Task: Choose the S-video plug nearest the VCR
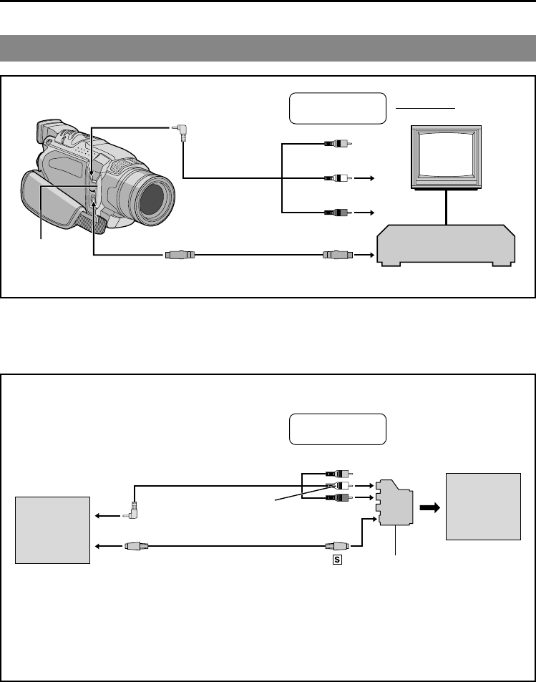(x=337, y=254)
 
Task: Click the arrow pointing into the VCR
(x=369, y=254)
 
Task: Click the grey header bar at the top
(x=268, y=48)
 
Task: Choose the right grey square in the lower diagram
(x=483, y=506)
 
